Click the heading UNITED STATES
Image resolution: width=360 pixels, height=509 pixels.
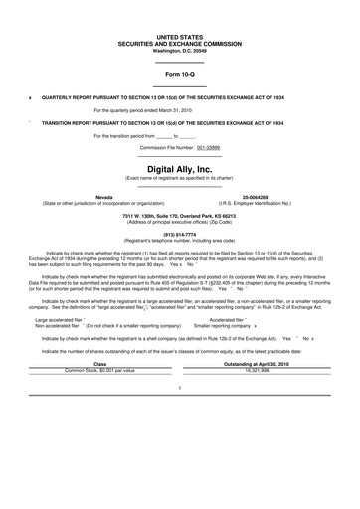click(x=180, y=36)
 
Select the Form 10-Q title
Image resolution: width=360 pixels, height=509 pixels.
click(x=180, y=75)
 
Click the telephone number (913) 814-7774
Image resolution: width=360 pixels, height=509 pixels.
click(x=180, y=235)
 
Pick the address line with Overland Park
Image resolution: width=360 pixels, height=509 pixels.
click(x=180, y=216)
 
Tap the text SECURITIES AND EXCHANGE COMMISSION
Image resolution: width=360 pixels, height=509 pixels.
click(x=180, y=43)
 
